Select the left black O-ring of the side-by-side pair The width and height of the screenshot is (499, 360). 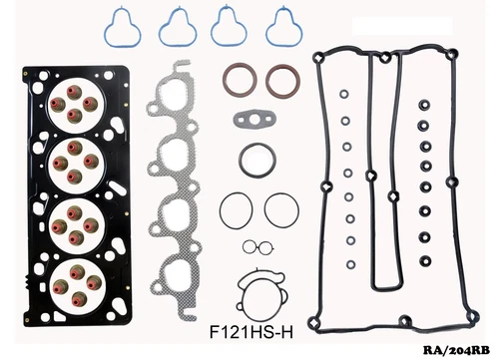coord(238,211)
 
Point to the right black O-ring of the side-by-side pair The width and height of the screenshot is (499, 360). coord(281,211)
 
